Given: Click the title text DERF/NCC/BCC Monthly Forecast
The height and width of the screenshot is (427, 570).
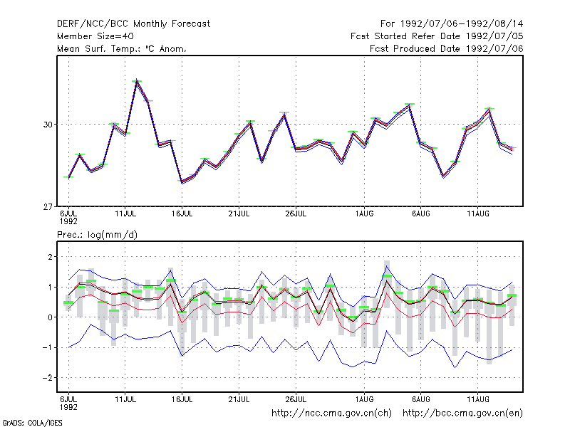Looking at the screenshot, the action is coord(133,24).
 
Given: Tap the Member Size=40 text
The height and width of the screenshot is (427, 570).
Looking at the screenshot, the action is coord(95,36).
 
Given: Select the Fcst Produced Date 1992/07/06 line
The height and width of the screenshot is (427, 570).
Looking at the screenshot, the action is coord(447,48).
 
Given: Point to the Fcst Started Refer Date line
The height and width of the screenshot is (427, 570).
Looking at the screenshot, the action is coord(437,36).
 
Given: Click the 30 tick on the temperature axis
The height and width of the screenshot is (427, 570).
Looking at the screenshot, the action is coord(48,125).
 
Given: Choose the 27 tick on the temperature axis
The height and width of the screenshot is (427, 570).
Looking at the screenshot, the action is coord(48,207).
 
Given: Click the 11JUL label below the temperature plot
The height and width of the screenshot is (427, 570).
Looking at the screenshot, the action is coord(125,214).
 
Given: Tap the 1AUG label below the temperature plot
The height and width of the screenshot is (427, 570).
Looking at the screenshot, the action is coord(364,214).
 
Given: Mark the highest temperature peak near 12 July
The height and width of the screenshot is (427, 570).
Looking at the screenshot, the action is coord(137,80).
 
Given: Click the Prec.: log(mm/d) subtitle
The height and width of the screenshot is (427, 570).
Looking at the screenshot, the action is coord(97,235).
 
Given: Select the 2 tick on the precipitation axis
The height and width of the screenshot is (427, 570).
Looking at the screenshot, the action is coord(50,257).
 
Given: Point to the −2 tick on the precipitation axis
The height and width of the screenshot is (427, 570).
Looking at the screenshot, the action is coord(47,378).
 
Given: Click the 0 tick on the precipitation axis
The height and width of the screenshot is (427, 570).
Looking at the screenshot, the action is coord(50,317).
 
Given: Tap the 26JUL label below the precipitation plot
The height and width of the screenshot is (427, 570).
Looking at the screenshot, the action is coord(296,400).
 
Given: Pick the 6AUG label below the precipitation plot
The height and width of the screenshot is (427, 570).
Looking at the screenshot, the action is coord(421,400).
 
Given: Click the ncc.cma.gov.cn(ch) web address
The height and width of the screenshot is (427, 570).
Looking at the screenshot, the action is coord(331,413).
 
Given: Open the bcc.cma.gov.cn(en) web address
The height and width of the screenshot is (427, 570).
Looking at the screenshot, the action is coord(462,413).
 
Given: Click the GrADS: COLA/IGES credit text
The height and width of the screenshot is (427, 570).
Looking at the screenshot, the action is coord(32,423).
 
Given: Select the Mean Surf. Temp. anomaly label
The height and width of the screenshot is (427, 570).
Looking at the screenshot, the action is coord(122,48).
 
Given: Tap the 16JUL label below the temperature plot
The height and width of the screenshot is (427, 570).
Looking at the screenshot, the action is coord(182,214).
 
